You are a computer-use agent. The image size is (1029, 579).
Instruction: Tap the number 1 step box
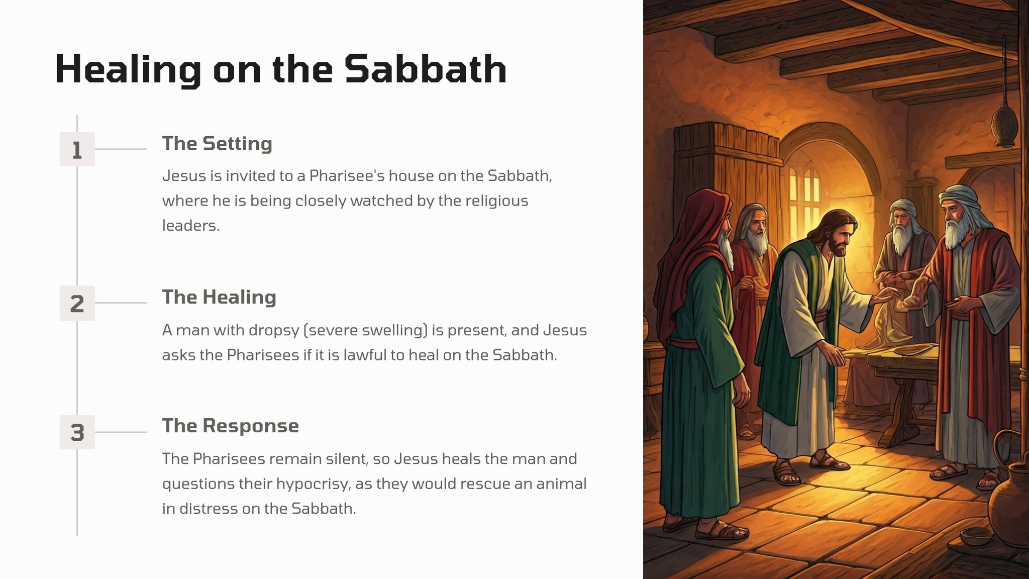click(77, 149)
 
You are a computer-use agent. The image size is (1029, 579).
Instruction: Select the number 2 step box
click(77, 303)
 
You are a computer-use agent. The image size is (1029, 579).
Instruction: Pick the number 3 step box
click(77, 432)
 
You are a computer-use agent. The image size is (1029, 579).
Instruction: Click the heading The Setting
click(217, 144)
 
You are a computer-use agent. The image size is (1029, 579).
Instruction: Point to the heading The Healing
click(219, 297)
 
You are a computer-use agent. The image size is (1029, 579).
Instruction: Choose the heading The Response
click(230, 426)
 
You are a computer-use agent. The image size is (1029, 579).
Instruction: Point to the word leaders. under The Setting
click(191, 225)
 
